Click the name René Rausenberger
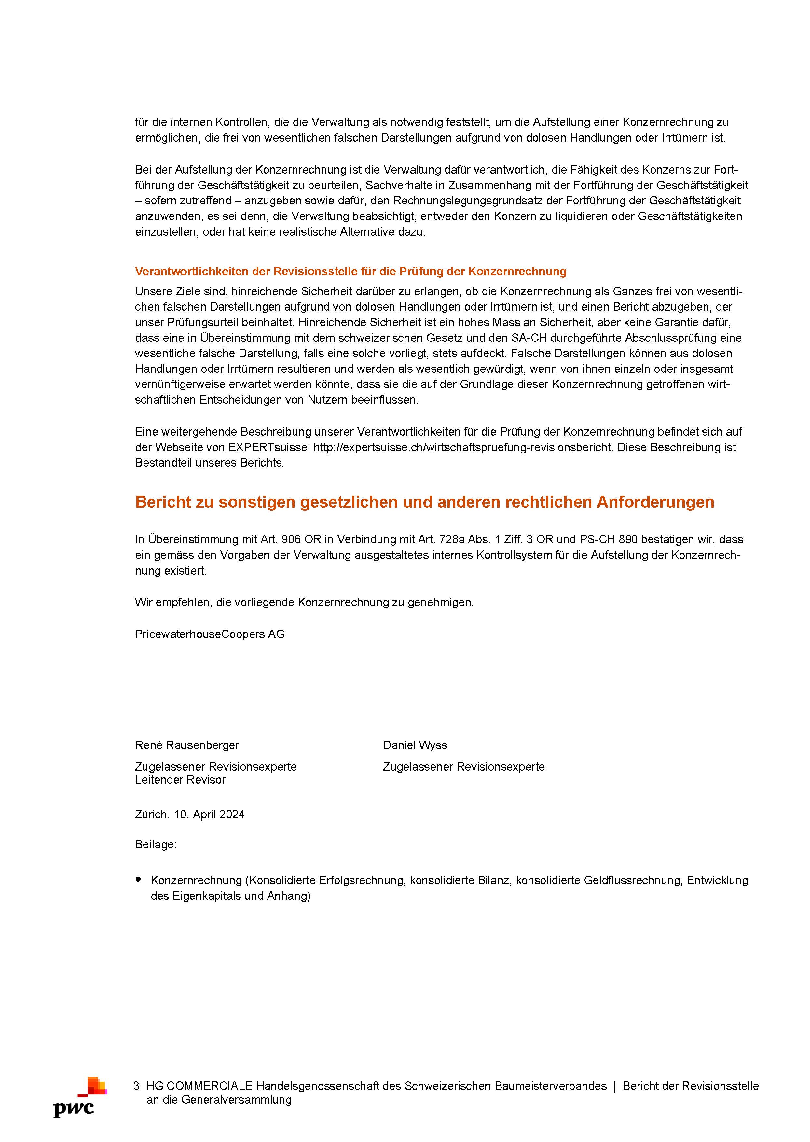[x=187, y=745]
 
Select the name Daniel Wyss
[x=415, y=745]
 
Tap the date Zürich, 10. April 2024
[x=189, y=814]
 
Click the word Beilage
[x=155, y=844]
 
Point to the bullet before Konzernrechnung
[x=138, y=880]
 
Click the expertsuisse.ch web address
[x=462, y=447]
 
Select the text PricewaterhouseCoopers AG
[x=210, y=634]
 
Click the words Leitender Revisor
[x=180, y=779]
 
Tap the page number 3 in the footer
[x=136, y=1086]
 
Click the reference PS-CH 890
[x=608, y=539]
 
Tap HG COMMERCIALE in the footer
[x=199, y=1086]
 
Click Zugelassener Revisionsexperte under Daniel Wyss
[x=463, y=766]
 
